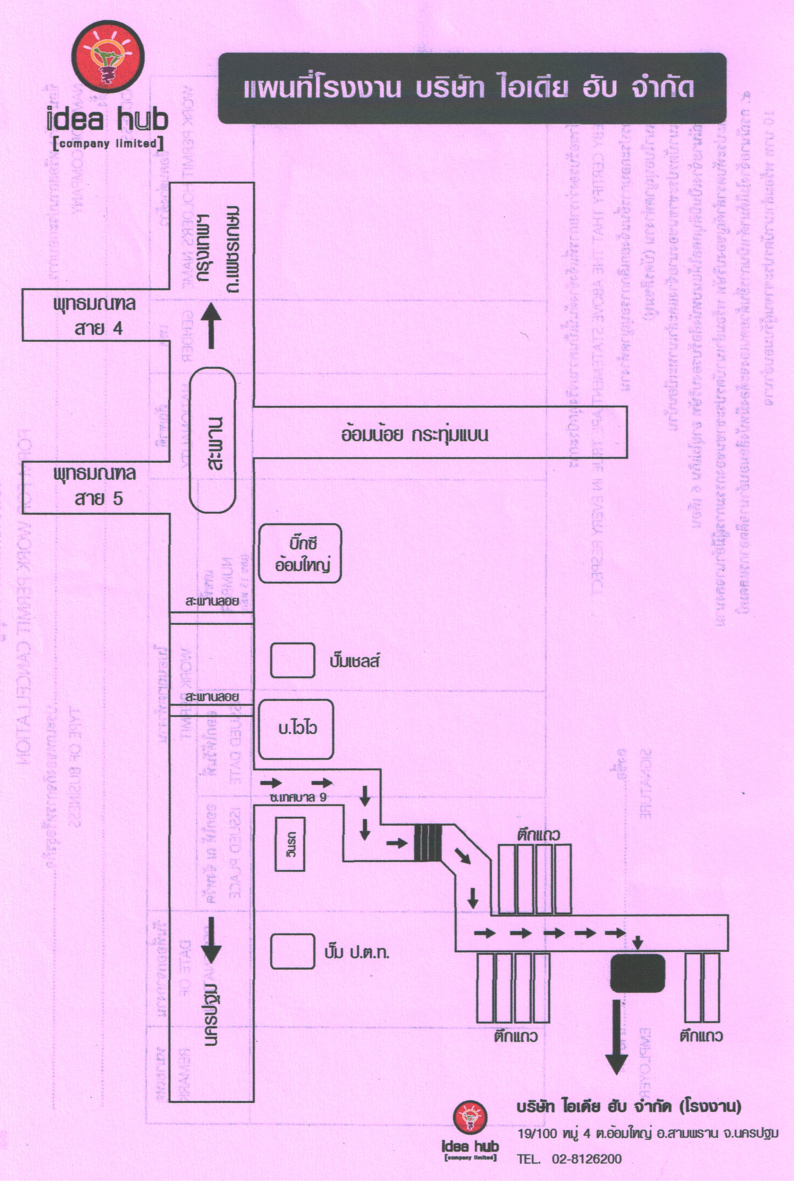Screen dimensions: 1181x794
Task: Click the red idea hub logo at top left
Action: click(x=108, y=57)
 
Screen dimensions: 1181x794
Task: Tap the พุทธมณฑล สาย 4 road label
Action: click(x=95, y=316)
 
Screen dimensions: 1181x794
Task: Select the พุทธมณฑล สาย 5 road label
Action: click(x=95, y=486)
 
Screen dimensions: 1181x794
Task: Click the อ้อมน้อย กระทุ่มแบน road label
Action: click(x=414, y=435)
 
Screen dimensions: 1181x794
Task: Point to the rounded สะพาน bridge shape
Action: click(x=213, y=440)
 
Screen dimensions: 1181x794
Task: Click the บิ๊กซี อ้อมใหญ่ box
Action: click(x=300, y=554)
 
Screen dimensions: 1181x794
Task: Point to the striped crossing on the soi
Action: click(x=428, y=843)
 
